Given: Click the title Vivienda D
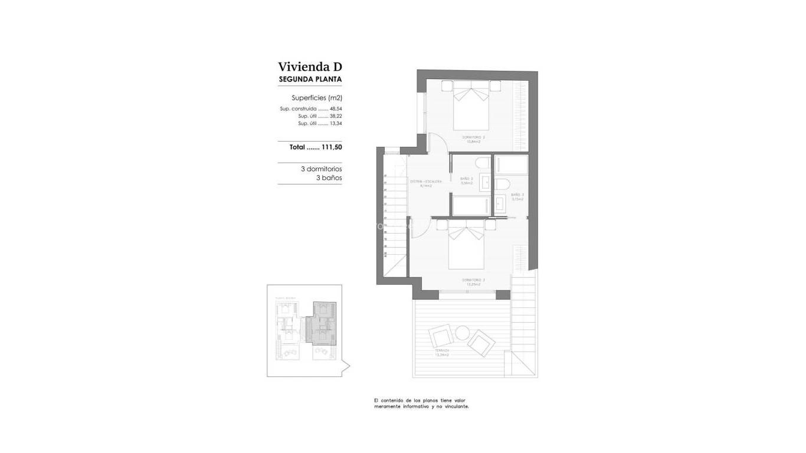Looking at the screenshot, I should (310, 67).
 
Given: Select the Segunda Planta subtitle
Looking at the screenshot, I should (310, 79).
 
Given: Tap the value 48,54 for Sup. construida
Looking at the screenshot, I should (336, 109).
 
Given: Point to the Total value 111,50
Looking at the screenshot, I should (332, 147).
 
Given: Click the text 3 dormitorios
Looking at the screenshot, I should (321, 169).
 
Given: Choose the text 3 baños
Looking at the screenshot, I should (329, 178).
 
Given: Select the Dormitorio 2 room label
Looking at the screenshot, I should (472, 138).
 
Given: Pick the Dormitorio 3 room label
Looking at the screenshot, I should (473, 280).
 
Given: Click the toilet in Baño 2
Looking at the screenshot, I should (482, 163).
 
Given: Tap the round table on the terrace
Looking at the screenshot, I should (462, 332).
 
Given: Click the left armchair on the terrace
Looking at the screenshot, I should (442, 337).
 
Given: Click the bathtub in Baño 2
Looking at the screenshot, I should (470, 206).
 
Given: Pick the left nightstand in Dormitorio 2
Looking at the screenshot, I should (447, 85).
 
